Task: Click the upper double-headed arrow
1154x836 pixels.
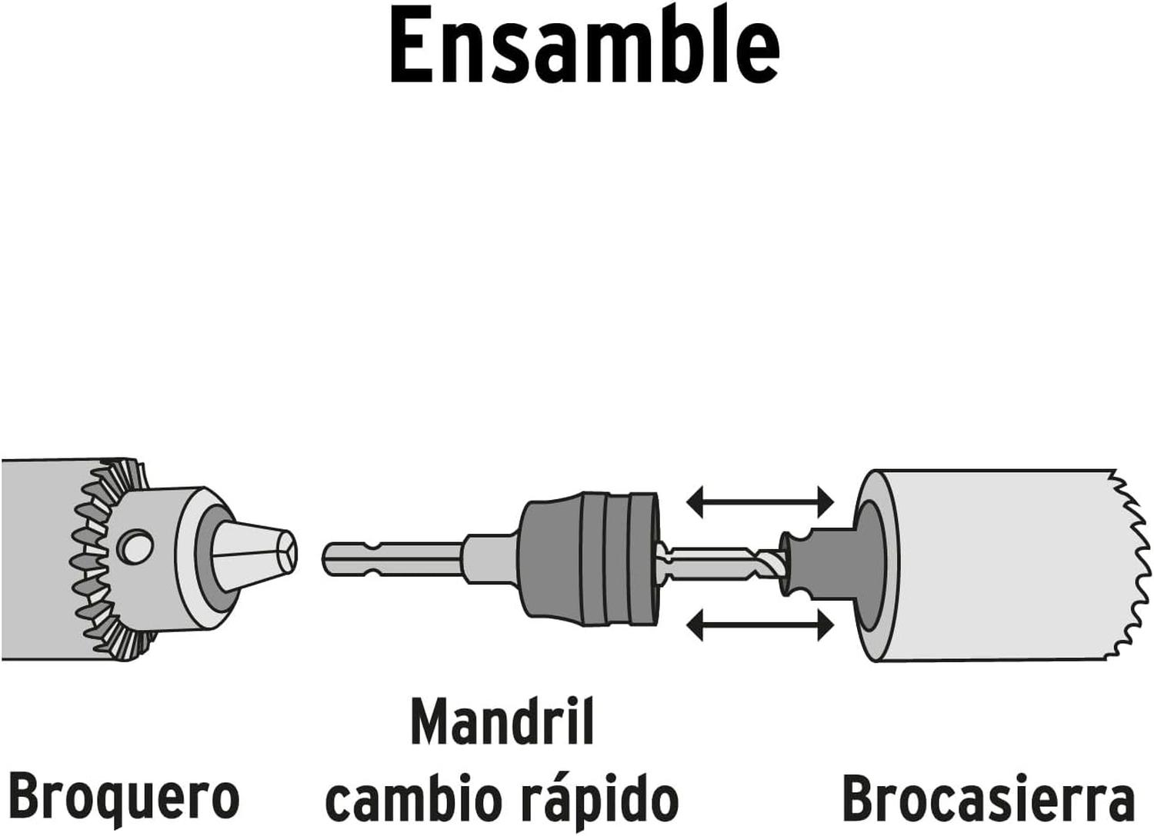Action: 760,502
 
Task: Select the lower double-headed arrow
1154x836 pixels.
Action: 760,626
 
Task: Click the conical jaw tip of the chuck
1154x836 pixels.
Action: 254,555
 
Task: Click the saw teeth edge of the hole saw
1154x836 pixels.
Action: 1132,566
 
